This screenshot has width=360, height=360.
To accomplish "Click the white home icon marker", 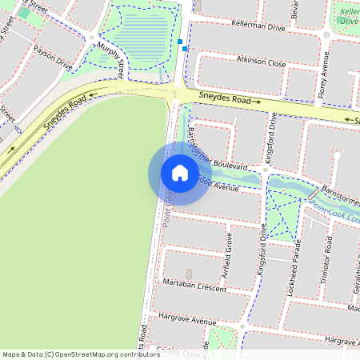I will [180, 172].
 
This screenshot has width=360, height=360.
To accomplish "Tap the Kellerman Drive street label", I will [258, 27].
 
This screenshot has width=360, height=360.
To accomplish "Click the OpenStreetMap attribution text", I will [82, 354].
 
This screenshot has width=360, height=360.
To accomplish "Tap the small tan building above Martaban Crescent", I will [189, 274].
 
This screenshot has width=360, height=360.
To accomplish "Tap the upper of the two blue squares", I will [182, 41].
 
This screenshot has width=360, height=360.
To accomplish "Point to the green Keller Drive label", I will [349, 16].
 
